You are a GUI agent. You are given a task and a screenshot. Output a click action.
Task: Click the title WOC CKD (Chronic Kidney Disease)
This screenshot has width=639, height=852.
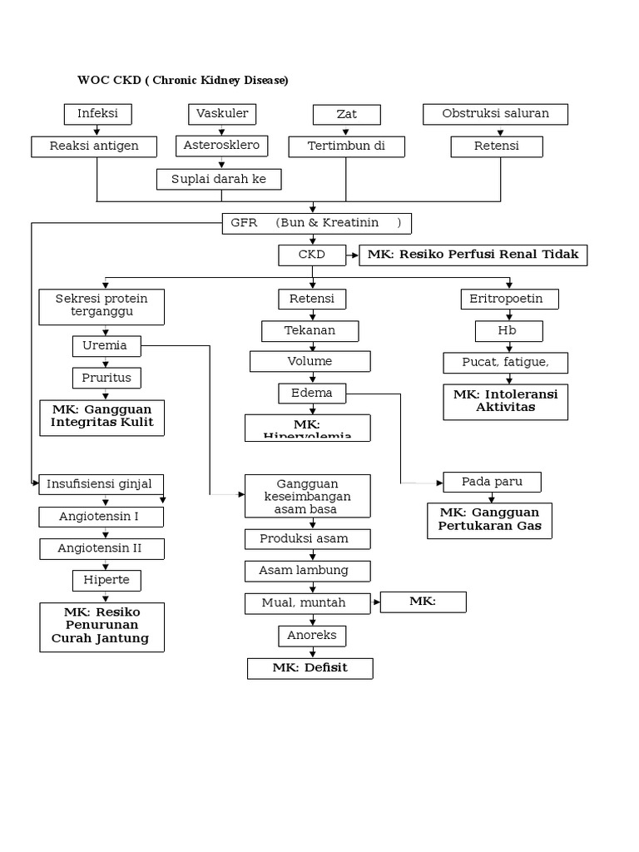pyautogui.click(x=183, y=81)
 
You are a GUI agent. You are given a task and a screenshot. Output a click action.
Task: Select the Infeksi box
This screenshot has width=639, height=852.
pyautogui.click(x=97, y=114)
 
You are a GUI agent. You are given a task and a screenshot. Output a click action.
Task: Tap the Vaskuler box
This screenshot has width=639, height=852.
pyautogui.click(x=222, y=114)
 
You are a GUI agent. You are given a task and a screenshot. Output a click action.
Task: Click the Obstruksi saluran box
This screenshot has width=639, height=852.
pyautogui.click(x=495, y=114)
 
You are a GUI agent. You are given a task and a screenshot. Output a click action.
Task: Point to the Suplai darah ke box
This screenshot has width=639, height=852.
pyautogui.click(x=220, y=179)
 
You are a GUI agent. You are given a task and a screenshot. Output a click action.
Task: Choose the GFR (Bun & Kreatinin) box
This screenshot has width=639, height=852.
pyautogui.click(x=316, y=223)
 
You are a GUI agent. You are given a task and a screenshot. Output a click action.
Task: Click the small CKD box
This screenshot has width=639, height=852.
pyautogui.click(x=312, y=255)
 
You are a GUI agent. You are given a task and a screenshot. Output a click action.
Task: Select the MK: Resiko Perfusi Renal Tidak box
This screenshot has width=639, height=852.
pyautogui.click(x=473, y=255)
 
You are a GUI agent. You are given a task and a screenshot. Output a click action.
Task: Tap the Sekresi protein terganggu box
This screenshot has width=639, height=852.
pyautogui.click(x=101, y=306)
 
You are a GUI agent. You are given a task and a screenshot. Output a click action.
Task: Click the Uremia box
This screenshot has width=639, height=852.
pyautogui.click(x=106, y=345)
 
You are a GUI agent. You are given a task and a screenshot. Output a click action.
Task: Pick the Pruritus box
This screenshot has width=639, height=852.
pyautogui.click(x=106, y=378)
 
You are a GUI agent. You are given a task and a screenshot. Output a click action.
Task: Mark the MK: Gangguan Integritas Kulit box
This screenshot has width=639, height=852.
pyautogui.click(x=102, y=417)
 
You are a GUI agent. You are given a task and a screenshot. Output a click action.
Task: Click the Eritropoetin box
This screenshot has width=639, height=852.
pyautogui.click(x=509, y=299)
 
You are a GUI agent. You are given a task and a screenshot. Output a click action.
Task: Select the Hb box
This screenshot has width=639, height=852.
pyautogui.click(x=508, y=331)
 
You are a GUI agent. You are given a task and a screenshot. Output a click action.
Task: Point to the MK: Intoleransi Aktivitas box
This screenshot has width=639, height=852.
pyautogui.click(x=506, y=400)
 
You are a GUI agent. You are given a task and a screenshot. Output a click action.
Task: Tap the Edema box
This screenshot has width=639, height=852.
pyautogui.click(x=312, y=393)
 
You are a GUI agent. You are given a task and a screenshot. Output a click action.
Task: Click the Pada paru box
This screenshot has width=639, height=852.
pyautogui.click(x=491, y=482)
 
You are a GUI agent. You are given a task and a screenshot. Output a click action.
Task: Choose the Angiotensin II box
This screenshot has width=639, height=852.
pyautogui.click(x=101, y=548)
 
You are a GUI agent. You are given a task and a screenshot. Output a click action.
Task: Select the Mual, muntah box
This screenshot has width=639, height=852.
pyautogui.click(x=307, y=602)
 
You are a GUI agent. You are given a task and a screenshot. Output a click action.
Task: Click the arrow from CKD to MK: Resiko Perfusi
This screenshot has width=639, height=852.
pyautogui.click(x=353, y=255)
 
